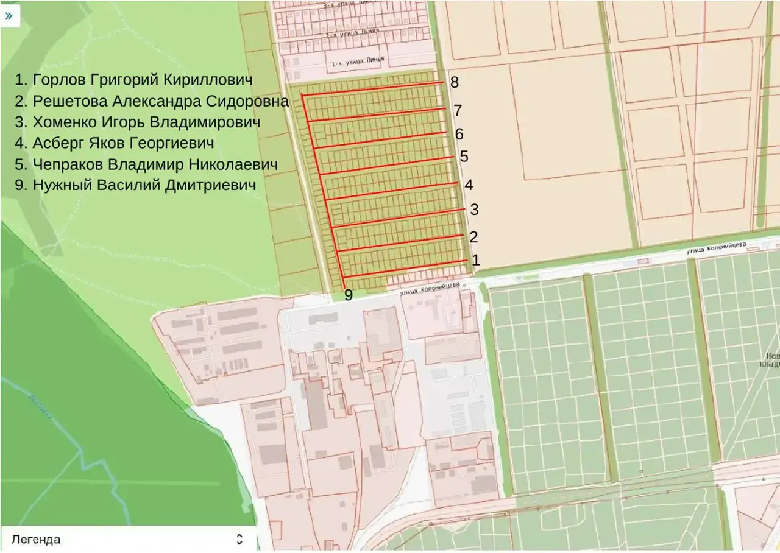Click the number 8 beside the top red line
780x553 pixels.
(x=455, y=83)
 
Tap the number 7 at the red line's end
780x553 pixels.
(x=458, y=111)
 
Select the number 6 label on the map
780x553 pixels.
(x=459, y=134)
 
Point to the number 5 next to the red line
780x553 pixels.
(x=464, y=157)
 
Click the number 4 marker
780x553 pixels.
(x=469, y=185)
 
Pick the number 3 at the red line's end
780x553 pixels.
(x=474, y=210)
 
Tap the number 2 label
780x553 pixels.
(x=473, y=237)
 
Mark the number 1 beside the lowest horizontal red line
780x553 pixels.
(x=476, y=261)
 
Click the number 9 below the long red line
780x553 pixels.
(x=349, y=295)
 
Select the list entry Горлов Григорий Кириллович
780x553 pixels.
(x=134, y=80)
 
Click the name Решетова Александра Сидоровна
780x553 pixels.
(x=152, y=101)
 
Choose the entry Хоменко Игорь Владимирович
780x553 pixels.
(x=138, y=122)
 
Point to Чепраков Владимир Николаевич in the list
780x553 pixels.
(x=147, y=165)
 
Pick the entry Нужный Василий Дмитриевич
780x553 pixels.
(x=135, y=186)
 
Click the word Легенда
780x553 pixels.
(x=36, y=540)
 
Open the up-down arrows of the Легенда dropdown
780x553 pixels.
(x=239, y=539)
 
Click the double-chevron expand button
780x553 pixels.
(x=10, y=16)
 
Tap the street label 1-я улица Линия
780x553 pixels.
(x=357, y=62)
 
